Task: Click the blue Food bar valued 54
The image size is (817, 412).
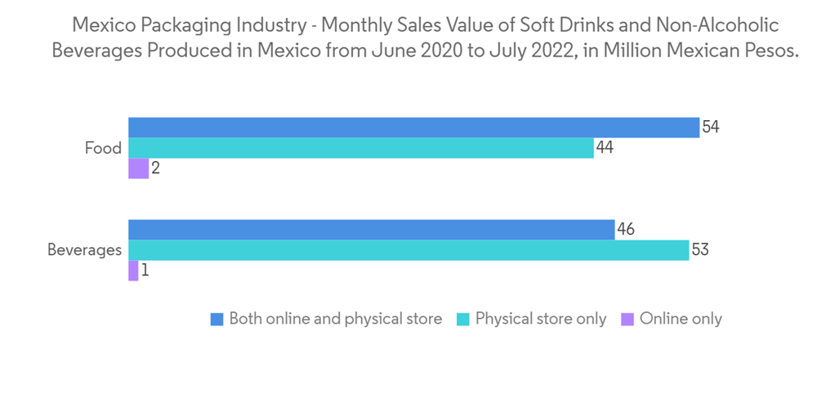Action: coord(413,128)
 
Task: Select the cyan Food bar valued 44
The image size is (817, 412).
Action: coord(360,148)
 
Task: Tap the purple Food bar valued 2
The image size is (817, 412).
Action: coord(138,168)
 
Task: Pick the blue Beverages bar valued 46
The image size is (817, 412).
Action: coord(371,230)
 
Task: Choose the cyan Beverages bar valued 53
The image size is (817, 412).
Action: coord(408,250)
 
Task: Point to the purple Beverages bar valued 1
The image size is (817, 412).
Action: coord(133,271)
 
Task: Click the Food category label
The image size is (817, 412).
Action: coord(103,148)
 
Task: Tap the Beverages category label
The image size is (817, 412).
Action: coord(84,250)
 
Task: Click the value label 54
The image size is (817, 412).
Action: coord(710,128)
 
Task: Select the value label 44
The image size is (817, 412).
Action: coord(605,148)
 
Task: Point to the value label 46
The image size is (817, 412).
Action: coord(626,230)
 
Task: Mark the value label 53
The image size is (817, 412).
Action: coord(699,250)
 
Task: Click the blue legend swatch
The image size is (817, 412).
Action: coord(217,319)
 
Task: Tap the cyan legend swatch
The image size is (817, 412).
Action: coord(463,319)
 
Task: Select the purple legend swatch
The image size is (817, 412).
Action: coord(627,319)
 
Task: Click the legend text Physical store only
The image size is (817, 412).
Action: coord(541,319)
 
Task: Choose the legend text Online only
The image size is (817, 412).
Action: coord(681,319)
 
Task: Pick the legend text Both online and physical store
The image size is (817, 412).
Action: coord(336,319)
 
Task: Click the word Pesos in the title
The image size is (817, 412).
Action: coord(770,50)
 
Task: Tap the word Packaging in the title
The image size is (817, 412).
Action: coord(181,25)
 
